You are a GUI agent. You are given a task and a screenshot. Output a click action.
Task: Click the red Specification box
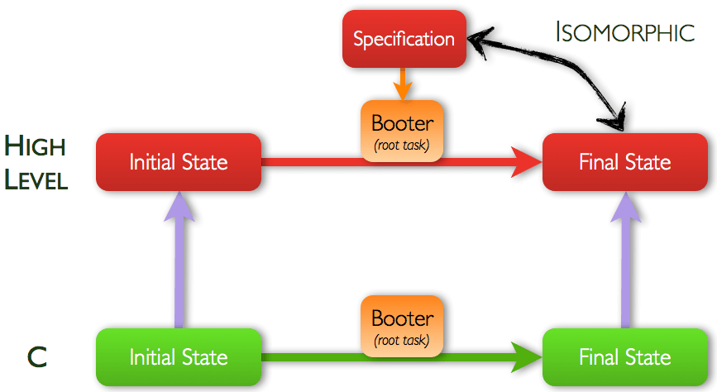tap(404, 39)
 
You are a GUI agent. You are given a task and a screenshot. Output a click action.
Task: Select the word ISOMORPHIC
tap(624, 33)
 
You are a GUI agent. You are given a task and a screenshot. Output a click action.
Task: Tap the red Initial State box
tap(179, 161)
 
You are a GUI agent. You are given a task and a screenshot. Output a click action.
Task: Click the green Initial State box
tap(179, 357)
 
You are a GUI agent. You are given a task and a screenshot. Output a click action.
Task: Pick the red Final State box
tap(624, 161)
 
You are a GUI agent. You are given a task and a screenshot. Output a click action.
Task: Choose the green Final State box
tap(624, 357)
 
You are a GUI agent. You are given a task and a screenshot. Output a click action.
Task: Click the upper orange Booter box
tap(403, 130)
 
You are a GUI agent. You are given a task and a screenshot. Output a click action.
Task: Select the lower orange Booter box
tap(403, 324)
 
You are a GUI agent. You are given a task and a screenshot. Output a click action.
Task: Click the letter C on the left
tap(36, 357)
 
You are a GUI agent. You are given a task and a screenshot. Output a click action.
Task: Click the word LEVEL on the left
tap(36, 179)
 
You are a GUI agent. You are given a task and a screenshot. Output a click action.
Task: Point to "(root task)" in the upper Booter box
tap(403, 146)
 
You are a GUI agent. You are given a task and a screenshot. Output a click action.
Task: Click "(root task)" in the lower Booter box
tap(403, 340)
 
